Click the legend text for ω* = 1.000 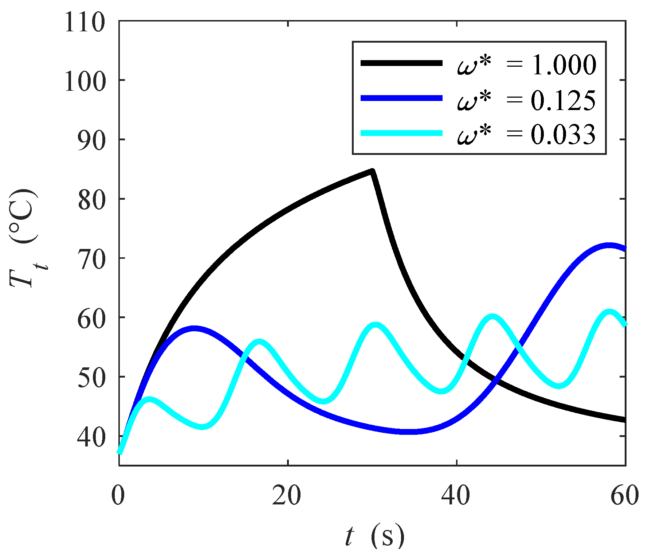coord(527,65)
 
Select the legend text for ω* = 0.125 coord(527,100)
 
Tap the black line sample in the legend coord(401,63)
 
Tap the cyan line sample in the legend coord(401,133)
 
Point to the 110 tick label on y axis coord(85,23)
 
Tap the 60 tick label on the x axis coord(624,496)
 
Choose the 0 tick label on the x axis coord(118,496)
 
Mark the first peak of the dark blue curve coord(194,328)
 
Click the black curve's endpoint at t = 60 coord(624,420)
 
